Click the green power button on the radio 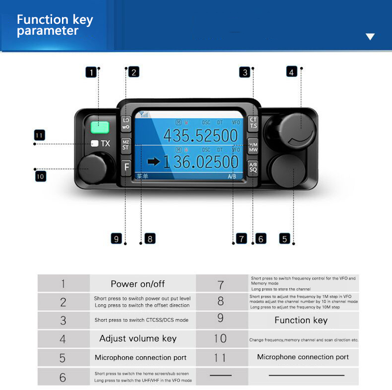click(100, 127)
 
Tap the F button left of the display click(126, 167)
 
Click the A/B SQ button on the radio click(253, 167)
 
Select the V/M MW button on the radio click(253, 145)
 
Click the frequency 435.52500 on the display click(201, 135)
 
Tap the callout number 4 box click(292, 71)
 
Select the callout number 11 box click(40, 135)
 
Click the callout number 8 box click(149, 238)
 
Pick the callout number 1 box click(91, 72)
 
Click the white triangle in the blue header click(370, 37)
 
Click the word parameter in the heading click(48, 31)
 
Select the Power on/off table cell click(138, 284)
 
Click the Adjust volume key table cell click(138, 338)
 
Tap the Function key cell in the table click(301, 320)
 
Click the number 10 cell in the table click(221, 338)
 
